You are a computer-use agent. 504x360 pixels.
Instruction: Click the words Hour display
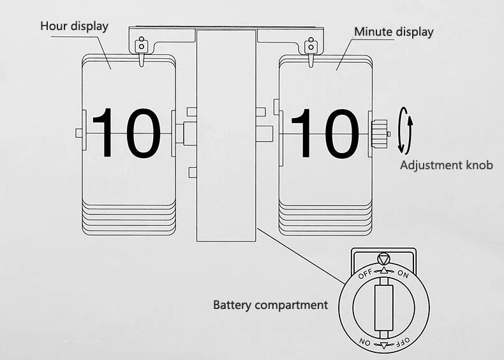click(74, 26)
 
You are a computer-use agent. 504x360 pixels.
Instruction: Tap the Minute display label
click(394, 31)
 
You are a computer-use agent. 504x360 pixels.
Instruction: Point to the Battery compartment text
click(270, 304)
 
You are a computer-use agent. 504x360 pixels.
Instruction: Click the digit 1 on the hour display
click(105, 133)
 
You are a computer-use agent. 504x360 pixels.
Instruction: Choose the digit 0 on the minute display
click(340, 133)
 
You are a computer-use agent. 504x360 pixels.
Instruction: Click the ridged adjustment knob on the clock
click(379, 133)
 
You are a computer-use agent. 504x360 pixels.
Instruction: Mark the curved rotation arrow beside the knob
click(404, 130)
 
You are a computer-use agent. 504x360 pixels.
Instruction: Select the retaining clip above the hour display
click(141, 46)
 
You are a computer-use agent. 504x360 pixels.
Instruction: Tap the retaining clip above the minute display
click(311, 46)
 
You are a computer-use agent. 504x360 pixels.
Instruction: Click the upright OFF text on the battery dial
click(365, 274)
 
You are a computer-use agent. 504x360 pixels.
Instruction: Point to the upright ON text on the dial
click(403, 274)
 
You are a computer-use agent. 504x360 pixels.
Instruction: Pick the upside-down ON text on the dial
click(364, 342)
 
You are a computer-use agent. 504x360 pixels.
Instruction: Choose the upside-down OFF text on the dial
click(402, 341)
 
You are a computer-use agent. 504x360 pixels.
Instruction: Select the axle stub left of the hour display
click(79, 133)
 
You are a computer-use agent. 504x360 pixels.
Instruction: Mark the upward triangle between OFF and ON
click(383, 271)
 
